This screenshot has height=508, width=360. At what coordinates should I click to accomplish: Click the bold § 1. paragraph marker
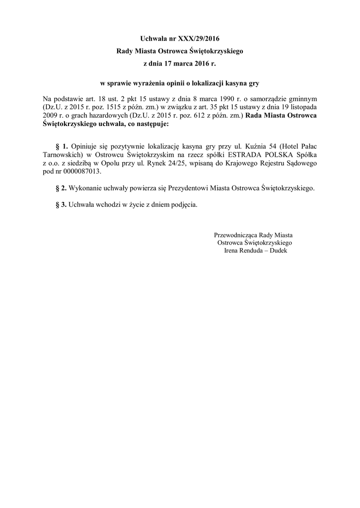(x=62, y=146)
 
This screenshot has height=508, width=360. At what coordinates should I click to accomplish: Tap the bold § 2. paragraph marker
(x=62, y=189)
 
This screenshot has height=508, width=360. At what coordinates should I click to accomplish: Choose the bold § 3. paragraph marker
(x=62, y=205)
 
